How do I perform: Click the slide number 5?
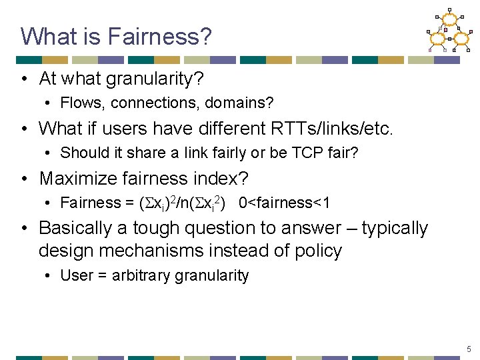469,349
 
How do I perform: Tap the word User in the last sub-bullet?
75,275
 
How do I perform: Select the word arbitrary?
137,275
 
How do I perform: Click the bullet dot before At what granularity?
23,79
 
